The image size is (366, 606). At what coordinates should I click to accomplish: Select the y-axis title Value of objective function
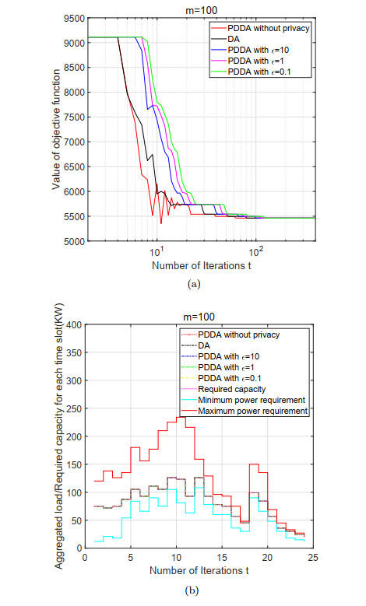(x=58, y=128)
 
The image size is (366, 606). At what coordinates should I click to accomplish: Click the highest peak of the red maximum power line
(x=181, y=417)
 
